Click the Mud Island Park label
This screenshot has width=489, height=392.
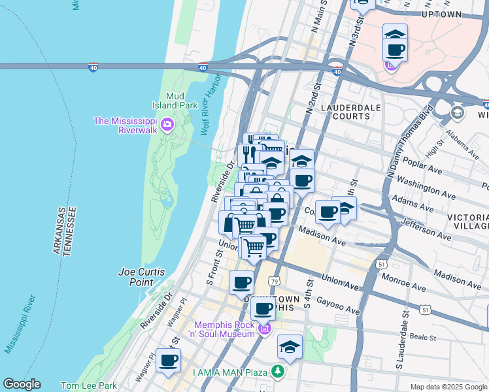pyautogui.click(x=181, y=100)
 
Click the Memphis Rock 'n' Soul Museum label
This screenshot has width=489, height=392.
pyautogui.click(x=223, y=329)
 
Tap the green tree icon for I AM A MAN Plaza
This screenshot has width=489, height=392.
pyautogui.click(x=278, y=372)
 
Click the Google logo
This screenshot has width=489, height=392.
pyautogui.click(x=22, y=384)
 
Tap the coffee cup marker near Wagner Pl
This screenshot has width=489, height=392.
pyautogui.click(x=168, y=360)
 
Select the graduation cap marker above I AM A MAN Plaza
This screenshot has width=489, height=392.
pyautogui.click(x=290, y=347)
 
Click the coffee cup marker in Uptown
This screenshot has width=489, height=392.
pyautogui.click(x=394, y=50)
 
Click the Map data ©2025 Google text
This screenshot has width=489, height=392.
pyautogui.click(x=448, y=387)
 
